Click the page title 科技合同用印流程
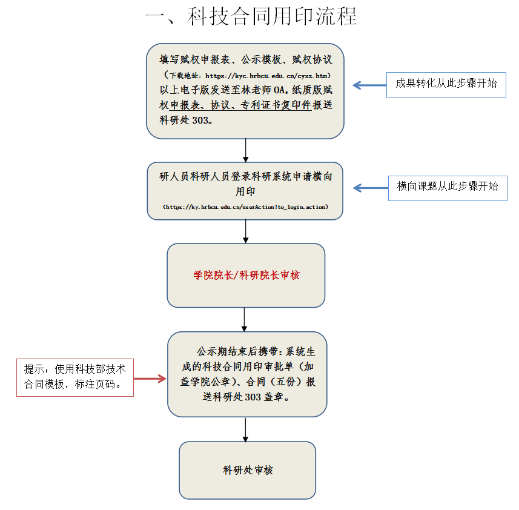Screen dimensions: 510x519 (x=251, y=16)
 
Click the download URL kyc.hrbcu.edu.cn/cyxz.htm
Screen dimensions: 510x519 (x=266, y=76)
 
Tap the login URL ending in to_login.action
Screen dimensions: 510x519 (x=245, y=207)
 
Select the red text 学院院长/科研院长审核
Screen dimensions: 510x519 (x=246, y=275)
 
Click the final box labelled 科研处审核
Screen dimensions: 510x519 (x=247, y=470)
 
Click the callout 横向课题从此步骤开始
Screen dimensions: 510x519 (x=447, y=187)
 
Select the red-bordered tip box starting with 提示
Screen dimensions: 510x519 (x=74, y=377)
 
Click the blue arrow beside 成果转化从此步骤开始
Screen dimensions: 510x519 (x=366, y=85)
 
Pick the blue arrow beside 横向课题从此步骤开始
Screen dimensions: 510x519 (x=366, y=188)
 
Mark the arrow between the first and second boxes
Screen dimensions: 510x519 (x=245, y=150)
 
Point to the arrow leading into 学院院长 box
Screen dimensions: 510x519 (x=245, y=231)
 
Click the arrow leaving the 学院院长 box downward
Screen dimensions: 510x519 (x=245, y=319)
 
